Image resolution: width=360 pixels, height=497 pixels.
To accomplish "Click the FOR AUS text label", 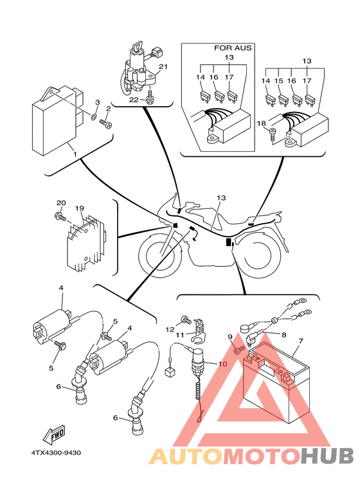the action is click(233, 48).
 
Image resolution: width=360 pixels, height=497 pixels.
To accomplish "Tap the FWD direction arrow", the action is click(54, 433).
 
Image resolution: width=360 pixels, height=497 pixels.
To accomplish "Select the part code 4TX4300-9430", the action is click(56, 453).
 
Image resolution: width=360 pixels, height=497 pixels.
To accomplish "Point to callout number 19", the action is click(80, 208).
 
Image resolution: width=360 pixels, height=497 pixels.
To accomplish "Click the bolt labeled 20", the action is click(60, 217).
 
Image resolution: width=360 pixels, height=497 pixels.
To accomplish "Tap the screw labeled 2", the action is click(106, 123).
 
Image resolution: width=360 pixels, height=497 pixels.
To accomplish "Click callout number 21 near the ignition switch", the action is click(163, 67).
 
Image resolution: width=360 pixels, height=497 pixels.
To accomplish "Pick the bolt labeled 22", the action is click(150, 97).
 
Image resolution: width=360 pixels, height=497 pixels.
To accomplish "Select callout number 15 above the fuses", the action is click(278, 81).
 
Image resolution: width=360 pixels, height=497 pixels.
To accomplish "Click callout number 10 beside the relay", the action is click(223, 363).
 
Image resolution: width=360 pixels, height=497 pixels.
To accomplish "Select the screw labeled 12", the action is click(186, 320).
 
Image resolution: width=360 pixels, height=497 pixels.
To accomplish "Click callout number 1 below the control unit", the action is click(75, 154).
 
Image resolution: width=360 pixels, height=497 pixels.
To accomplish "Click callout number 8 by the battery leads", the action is click(283, 334).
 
